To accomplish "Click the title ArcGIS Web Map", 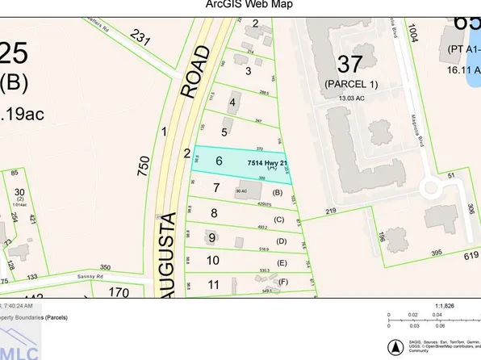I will [x=240, y=6].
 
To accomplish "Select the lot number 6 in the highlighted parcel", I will [x=218, y=161].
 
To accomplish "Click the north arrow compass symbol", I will [x=395, y=347].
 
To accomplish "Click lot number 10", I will [x=213, y=261].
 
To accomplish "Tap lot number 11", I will [x=213, y=284].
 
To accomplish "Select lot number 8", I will [x=214, y=214].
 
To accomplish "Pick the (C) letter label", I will [x=279, y=220].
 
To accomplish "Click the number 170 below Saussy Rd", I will [x=119, y=292].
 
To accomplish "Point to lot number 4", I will [x=233, y=103].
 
